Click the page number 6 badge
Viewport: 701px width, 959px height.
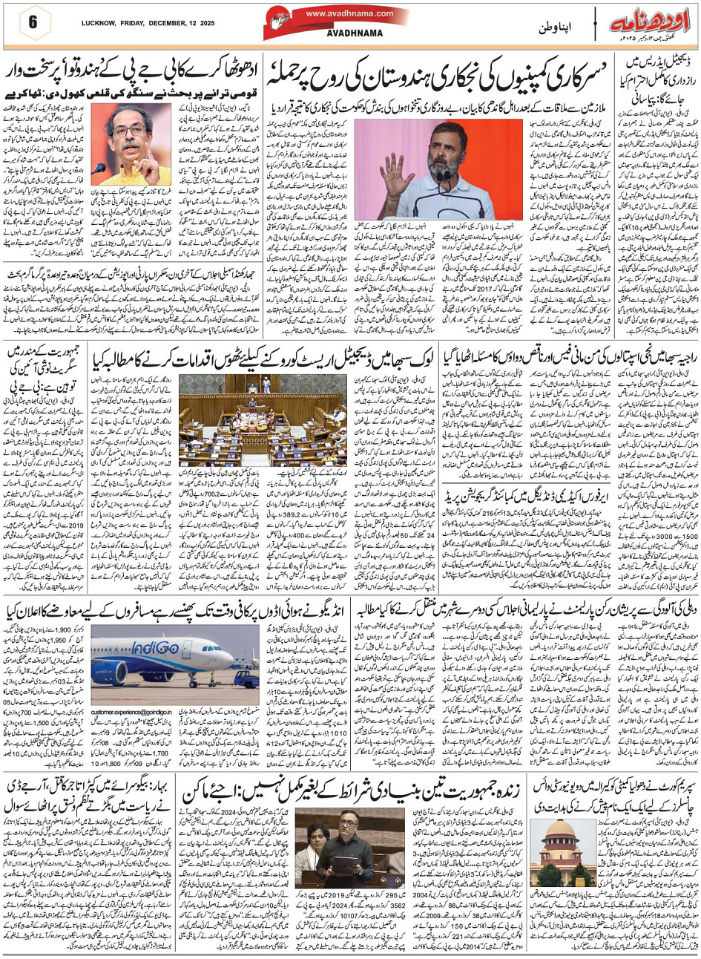(x=33, y=20)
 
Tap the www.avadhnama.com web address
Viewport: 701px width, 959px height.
(x=348, y=13)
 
